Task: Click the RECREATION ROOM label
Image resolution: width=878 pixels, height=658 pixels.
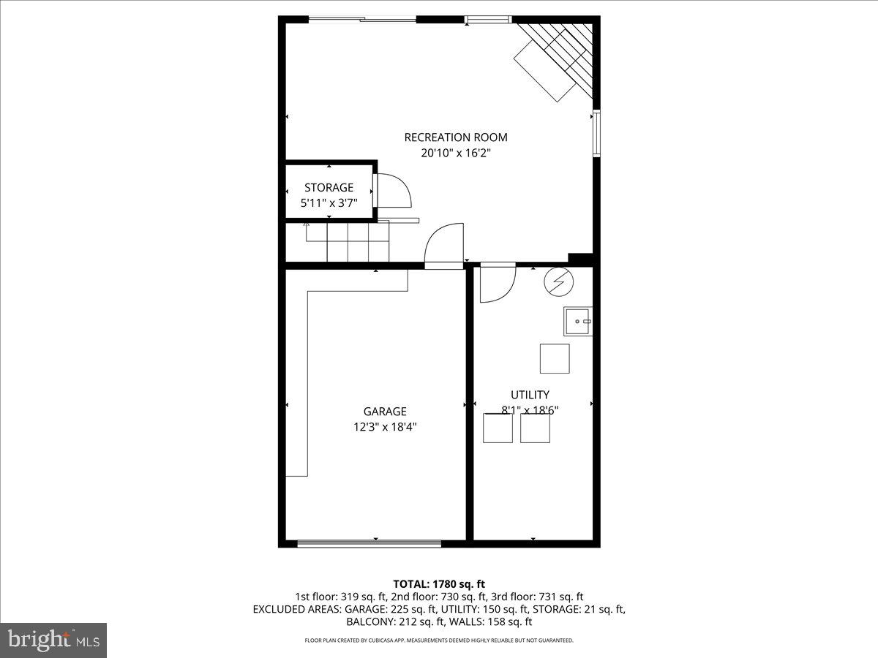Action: pyautogui.click(x=455, y=137)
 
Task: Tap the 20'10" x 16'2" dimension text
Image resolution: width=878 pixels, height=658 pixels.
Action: pyautogui.click(x=455, y=154)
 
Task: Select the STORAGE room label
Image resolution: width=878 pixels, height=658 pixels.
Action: pyautogui.click(x=329, y=188)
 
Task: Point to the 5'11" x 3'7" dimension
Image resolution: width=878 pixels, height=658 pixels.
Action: pyautogui.click(x=329, y=203)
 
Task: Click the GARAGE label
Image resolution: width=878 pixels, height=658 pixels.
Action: pyautogui.click(x=385, y=412)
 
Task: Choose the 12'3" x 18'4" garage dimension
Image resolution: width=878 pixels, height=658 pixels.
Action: pyautogui.click(x=385, y=427)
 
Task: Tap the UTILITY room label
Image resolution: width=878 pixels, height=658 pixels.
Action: pyautogui.click(x=530, y=395)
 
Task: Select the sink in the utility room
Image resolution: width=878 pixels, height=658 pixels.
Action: pyautogui.click(x=577, y=321)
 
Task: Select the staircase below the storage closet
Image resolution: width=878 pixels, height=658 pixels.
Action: pyautogui.click(x=348, y=241)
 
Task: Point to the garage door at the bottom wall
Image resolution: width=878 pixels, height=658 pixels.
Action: pyautogui.click(x=369, y=543)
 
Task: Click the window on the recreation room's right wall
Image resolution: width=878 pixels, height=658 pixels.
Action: pyautogui.click(x=597, y=133)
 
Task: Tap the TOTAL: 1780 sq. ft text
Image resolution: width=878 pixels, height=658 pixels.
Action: pyautogui.click(x=439, y=583)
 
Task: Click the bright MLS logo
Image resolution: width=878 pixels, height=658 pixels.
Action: pyautogui.click(x=53, y=640)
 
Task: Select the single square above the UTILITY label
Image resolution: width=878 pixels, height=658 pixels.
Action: pyautogui.click(x=554, y=358)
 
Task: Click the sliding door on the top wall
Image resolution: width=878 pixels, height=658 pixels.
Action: pyautogui.click(x=362, y=20)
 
